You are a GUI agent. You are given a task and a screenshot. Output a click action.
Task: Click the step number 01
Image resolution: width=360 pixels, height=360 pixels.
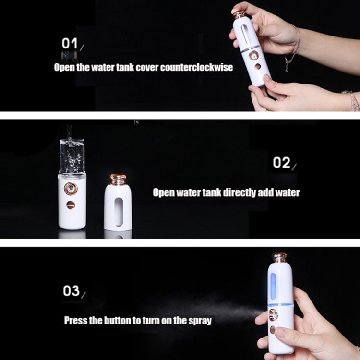(70, 43)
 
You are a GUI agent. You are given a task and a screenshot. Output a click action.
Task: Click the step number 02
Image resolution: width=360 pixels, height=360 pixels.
(281, 163)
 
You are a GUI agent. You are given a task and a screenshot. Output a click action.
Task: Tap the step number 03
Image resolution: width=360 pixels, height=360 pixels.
(71, 291)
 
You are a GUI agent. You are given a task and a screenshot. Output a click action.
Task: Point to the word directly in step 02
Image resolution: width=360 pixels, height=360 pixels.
(239, 192)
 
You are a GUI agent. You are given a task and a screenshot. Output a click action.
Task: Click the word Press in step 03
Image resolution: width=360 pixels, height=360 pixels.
(76, 320)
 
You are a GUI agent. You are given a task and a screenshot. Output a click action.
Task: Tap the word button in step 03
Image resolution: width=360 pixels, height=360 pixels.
(115, 320)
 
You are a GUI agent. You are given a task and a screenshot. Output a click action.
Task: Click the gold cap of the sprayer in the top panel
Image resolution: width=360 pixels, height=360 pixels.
(239, 13)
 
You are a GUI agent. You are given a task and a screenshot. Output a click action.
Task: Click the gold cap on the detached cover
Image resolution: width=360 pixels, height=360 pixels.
(118, 180)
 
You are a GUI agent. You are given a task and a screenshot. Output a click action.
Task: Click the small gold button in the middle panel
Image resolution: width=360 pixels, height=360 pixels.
(71, 205)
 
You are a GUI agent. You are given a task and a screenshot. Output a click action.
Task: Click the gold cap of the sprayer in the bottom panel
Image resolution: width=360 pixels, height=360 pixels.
(279, 257)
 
